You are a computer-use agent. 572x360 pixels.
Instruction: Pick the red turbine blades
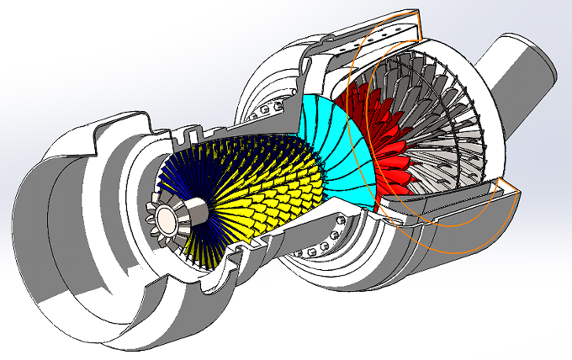pyautogui.click(x=370, y=143)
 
